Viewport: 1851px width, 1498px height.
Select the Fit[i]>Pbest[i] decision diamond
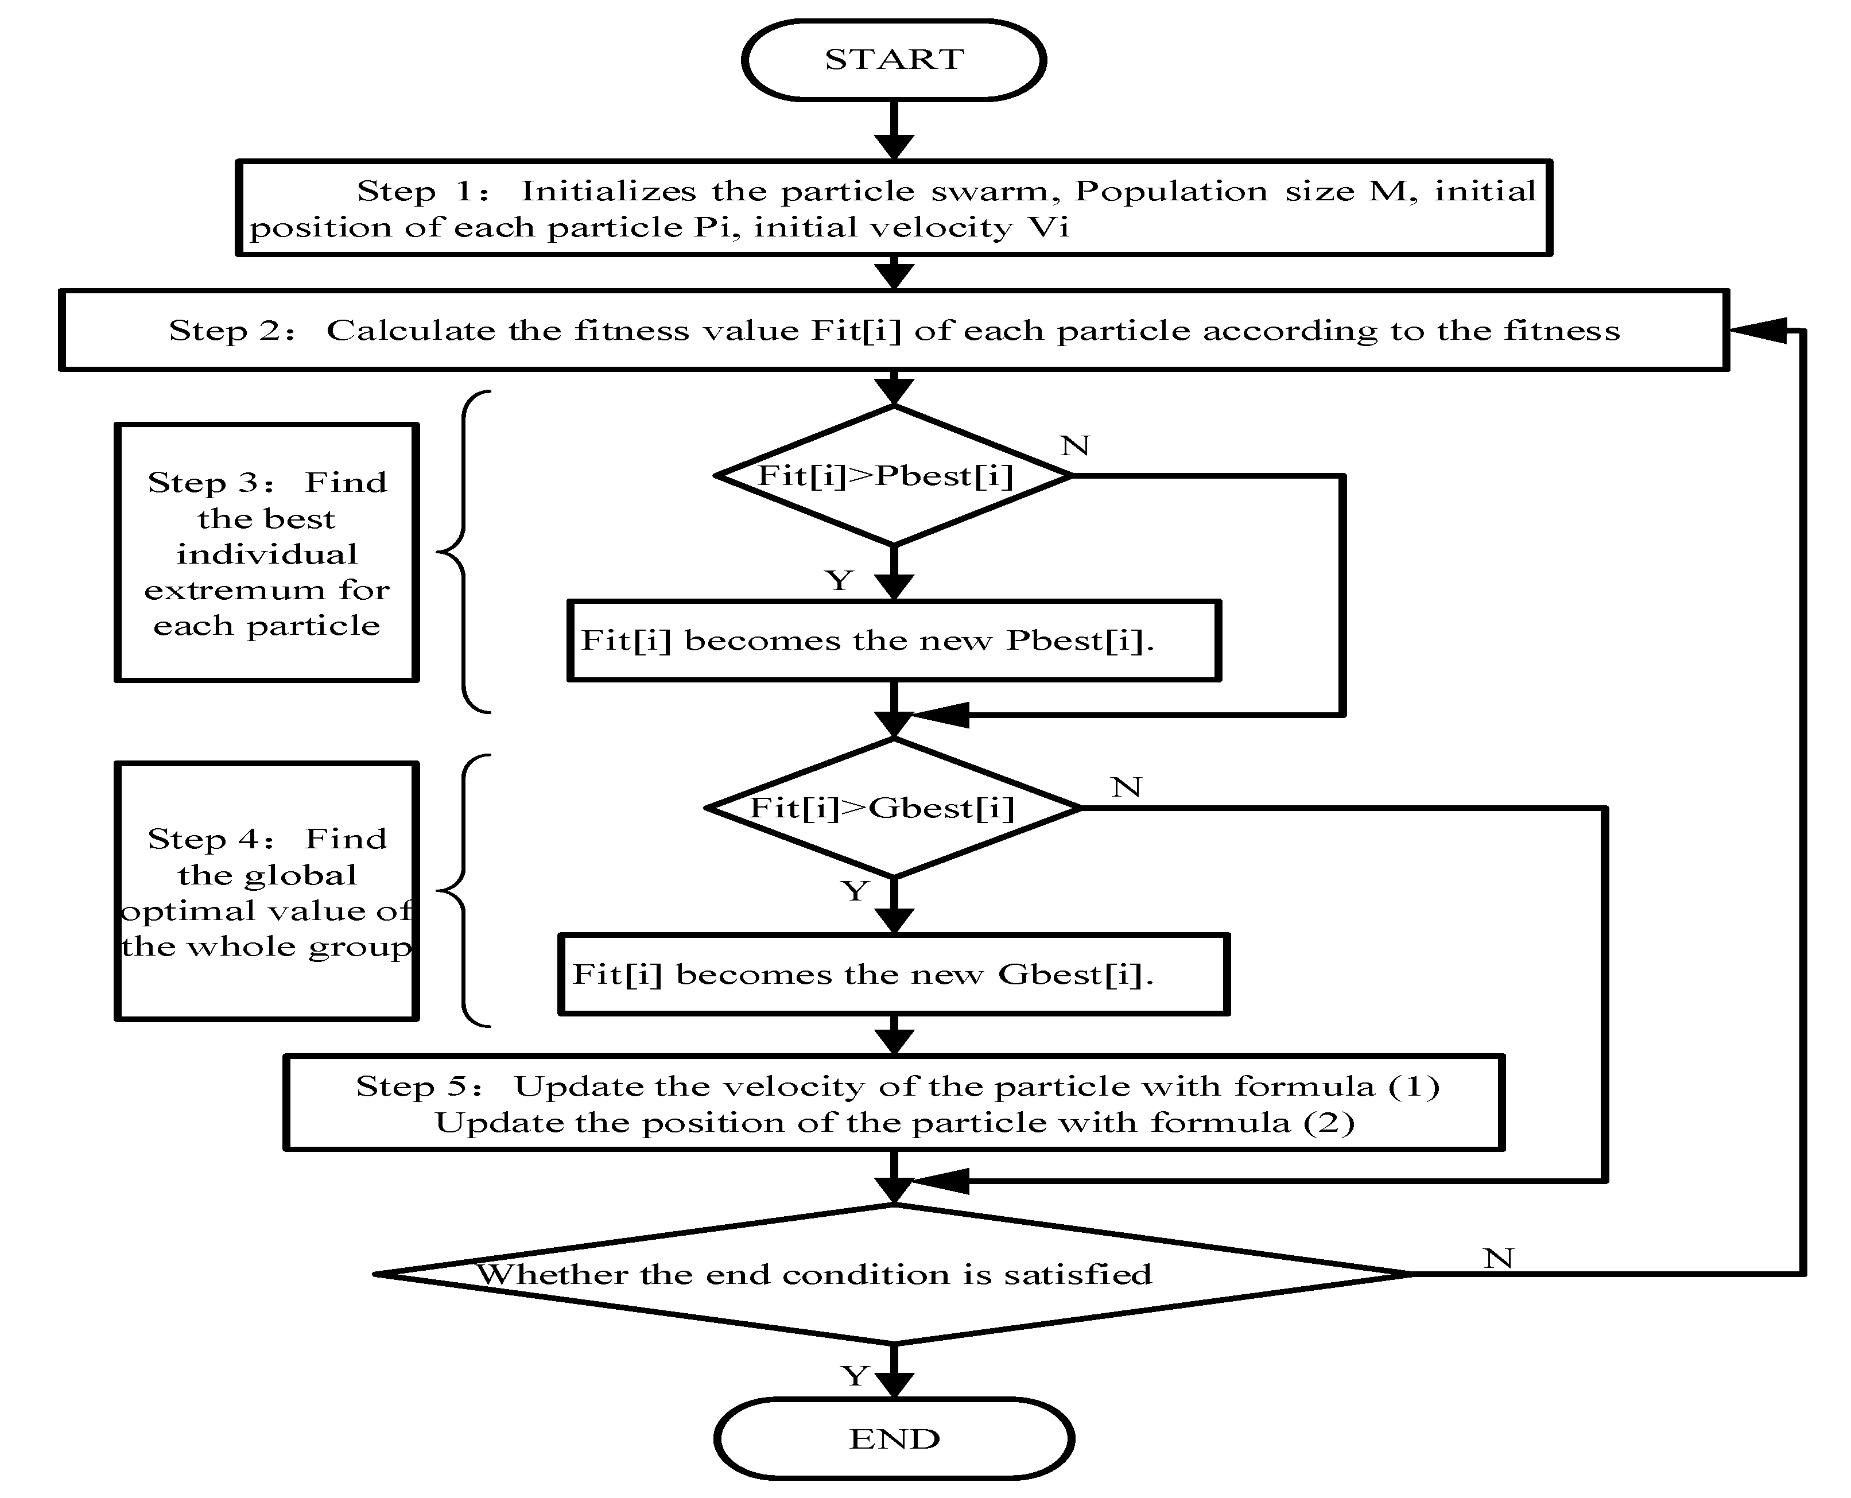click(x=893, y=475)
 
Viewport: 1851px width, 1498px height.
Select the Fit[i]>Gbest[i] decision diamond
click(x=893, y=808)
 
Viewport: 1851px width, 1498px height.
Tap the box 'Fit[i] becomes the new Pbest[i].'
click(x=893, y=641)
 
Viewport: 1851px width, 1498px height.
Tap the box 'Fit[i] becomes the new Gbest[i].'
click(x=893, y=974)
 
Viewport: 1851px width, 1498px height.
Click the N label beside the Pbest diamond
click(x=1075, y=446)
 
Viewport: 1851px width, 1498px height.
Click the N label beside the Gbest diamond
click(x=1126, y=787)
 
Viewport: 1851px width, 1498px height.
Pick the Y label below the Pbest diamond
click(x=839, y=580)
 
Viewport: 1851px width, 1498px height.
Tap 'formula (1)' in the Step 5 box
click(x=1337, y=1086)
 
